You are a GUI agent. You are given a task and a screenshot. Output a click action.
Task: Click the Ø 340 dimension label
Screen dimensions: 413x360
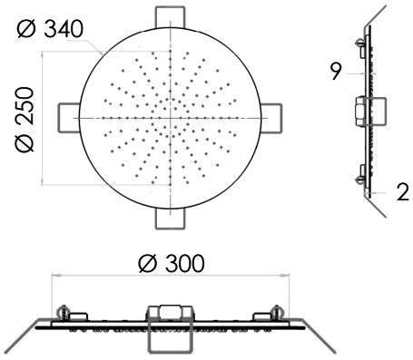pyautogui.click(x=50, y=29)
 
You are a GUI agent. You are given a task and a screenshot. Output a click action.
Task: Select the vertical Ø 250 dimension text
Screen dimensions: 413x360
pyautogui.click(x=24, y=120)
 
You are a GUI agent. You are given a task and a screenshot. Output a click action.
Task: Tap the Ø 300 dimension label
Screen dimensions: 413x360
pyautogui.click(x=172, y=263)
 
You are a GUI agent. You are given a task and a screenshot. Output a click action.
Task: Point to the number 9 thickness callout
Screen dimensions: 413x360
pyautogui.click(x=336, y=73)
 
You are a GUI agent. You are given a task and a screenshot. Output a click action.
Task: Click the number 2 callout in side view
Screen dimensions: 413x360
pyautogui.click(x=403, y=192)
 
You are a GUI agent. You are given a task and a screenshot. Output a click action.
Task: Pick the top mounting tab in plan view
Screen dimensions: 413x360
pyautogui.click(x=170, y=17)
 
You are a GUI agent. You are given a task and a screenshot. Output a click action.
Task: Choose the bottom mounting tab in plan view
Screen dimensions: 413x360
pyautogui.click(x=170, y=219)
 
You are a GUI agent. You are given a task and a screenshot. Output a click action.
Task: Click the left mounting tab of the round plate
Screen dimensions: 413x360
pyautogui.click(x=69, y=118)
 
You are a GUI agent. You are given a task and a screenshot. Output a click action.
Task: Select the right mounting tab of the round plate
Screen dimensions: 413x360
pyautogui.click(x=271, y=118)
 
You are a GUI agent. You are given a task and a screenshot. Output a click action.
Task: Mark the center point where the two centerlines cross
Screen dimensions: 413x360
pyautogui.click(x=171, y=118)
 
